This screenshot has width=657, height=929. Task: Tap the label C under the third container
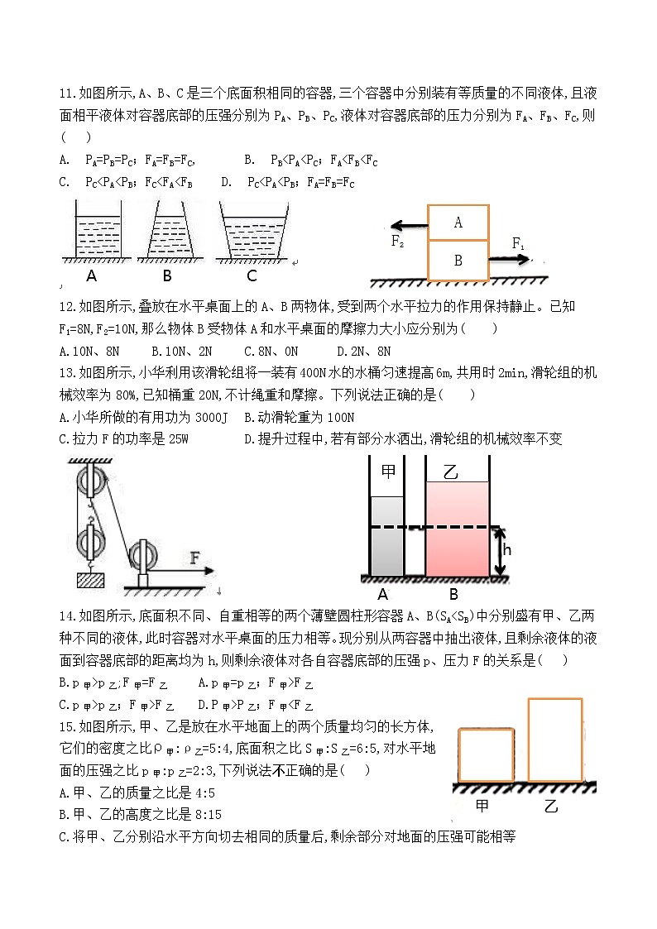[252, 275]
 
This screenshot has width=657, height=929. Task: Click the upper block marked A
[458, 222]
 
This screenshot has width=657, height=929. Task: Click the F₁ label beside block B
[518, 243]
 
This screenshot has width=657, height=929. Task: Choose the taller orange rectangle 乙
[554, 740]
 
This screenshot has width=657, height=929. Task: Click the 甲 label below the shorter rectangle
[479, 805]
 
